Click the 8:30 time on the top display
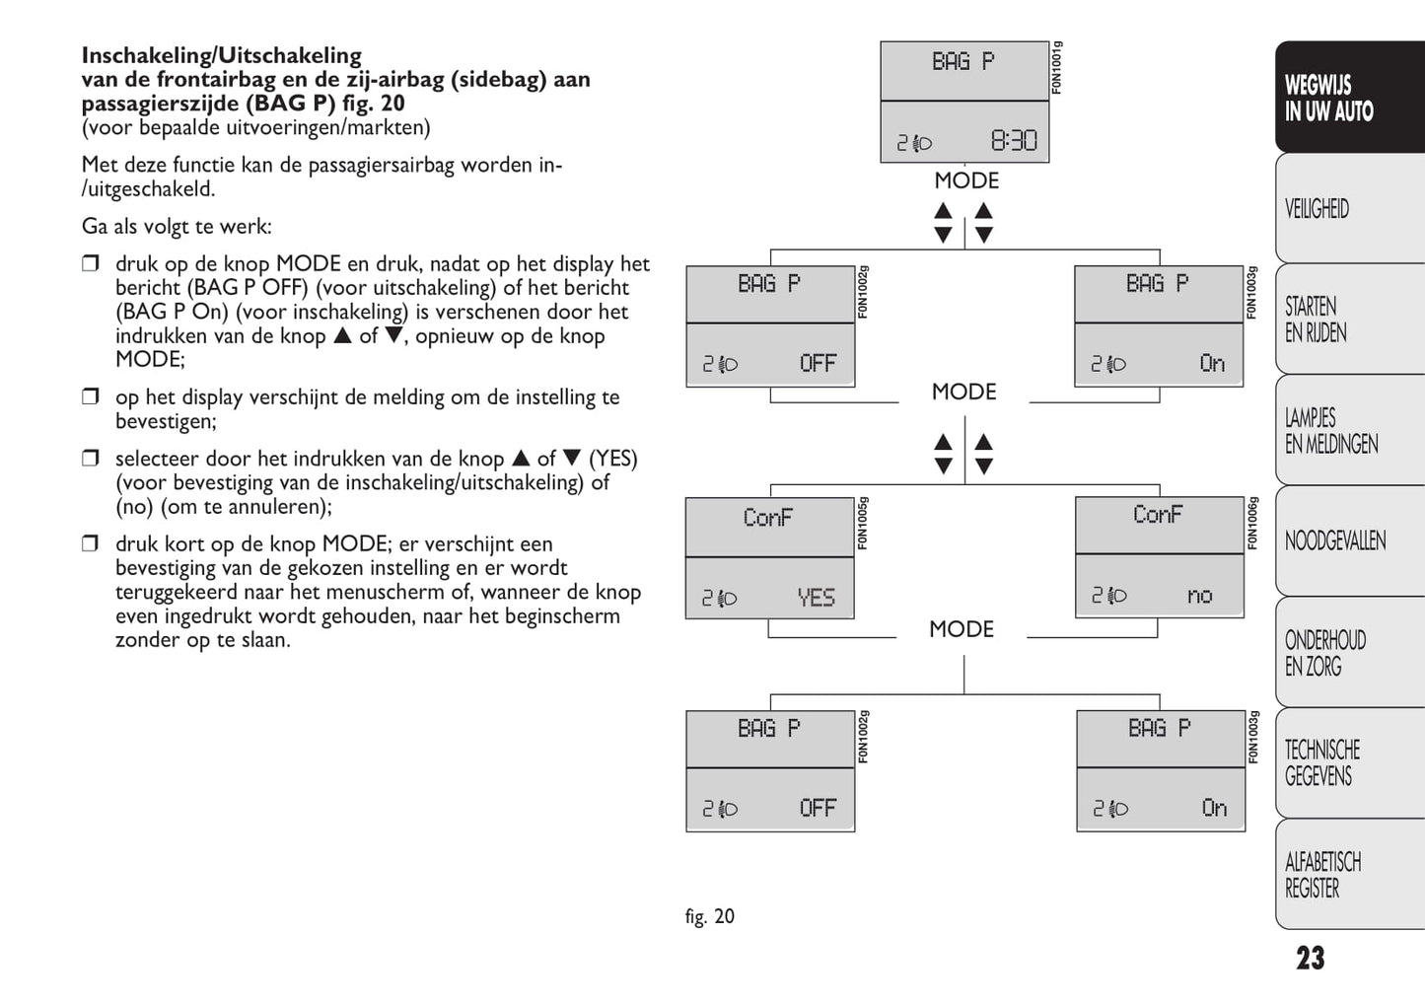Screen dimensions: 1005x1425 (1014, 141)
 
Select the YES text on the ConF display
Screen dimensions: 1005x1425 (816, 598)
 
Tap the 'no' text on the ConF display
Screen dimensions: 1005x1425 (1199, 596)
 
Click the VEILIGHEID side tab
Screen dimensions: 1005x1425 (1317, 209)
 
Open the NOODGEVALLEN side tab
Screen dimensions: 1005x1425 (1334, 540)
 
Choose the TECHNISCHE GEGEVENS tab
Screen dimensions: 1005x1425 (1321, 762)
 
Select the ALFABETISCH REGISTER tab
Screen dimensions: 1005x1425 (1321, 875)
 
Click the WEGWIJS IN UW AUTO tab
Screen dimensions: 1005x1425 (1328, 99)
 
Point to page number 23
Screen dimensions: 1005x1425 (1311, 959)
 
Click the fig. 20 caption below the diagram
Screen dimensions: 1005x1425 (710, 916)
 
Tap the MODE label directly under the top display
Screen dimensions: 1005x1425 (966, 181)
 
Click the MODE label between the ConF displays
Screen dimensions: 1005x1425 (962, 629)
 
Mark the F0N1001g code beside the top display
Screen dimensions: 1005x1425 (1056, 67)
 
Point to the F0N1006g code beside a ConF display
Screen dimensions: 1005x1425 (1252, 523)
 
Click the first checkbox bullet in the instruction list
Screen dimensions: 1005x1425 (91, 263)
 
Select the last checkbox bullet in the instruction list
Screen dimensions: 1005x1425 (91, 543)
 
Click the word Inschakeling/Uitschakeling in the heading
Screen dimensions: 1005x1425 (221, 55)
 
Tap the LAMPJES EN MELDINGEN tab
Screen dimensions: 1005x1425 (1330, 431)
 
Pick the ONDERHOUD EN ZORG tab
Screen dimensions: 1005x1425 (1324, 653)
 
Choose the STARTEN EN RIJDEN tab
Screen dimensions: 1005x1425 (1315, 320)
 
